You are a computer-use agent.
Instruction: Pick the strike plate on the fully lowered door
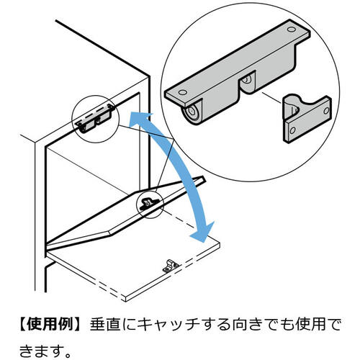(x=171, y=264)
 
